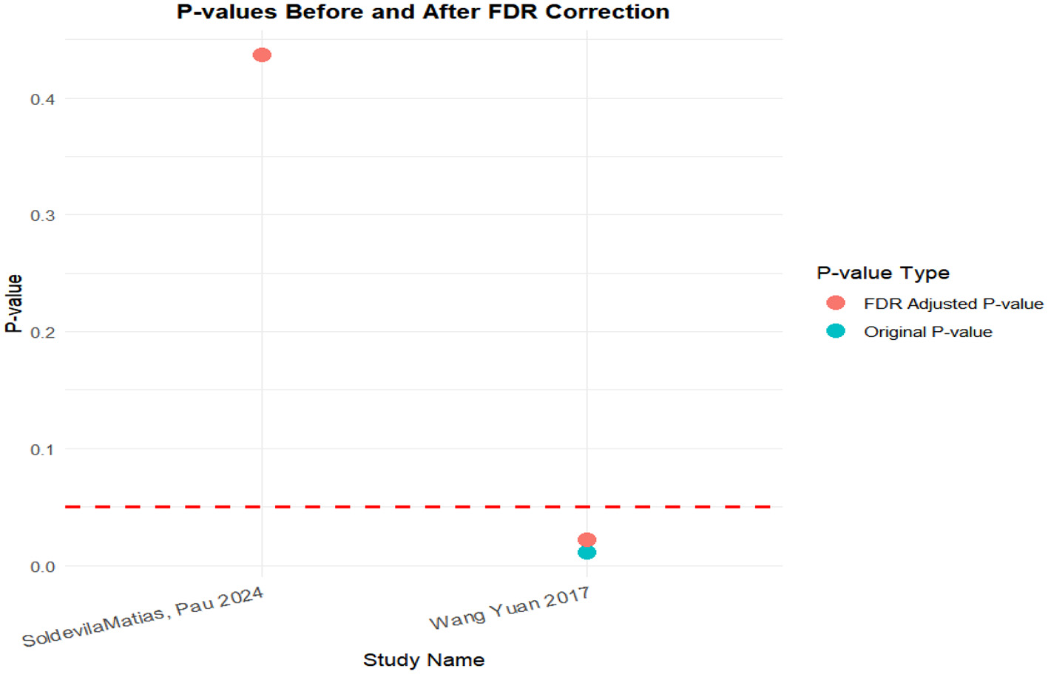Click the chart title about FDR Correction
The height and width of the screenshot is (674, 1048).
pyautogui.click(x=422, y=13)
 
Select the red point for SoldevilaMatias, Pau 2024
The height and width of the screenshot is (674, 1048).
pyautogui.click(x=262, y=55)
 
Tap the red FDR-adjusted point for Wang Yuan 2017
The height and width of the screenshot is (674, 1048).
pyautogui.click(x=586, y=540)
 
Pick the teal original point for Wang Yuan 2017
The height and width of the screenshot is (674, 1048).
pyautogui.click(x=586, y=553)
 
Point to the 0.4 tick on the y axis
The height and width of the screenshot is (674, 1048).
pyautogui.click(x=43, y=100)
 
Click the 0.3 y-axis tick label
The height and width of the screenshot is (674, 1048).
pyautogui.click(x=43, y=216)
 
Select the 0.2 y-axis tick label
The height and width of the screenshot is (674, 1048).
pyautogui.click(x=43, y=333)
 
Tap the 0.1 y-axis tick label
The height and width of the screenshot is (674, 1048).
pyautogui.click(x=43, y=449)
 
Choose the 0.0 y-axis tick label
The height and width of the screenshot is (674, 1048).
pyautogui.click(x=43, y=567)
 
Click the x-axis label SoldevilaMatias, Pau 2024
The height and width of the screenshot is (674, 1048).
pyautogui.click(x=143, y=618)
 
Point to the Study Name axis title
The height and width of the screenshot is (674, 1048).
pyautogui.click(x=424, y=660)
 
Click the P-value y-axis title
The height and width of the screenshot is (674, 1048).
pyautogui.click(x=14, y=303)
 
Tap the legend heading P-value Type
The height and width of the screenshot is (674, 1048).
pyautogui.click(x=882, y=273)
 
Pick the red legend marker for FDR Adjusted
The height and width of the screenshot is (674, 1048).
pyautogui.click(x=836, y=303)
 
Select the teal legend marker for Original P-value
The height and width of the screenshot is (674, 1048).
pyautogui.click(x=836, y=331)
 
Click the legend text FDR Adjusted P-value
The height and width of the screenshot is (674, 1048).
pyautogui.click(x=953, y=304)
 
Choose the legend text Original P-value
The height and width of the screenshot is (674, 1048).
pyautogui.click(x=927, y=332)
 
